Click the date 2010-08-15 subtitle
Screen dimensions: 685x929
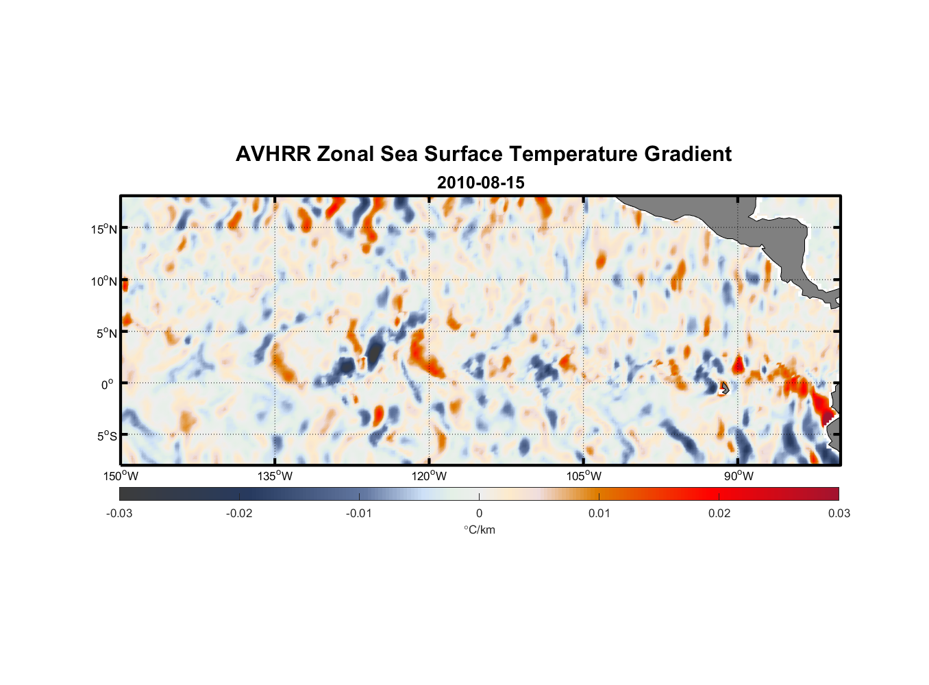[480, 183]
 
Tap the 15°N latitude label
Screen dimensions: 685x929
[104, 229]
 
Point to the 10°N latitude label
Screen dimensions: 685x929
[104, 281]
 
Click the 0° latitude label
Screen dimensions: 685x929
[108, 384]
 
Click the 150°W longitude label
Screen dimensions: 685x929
[121, 476]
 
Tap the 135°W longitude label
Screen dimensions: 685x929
[275, 476]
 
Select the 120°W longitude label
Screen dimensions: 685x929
[430, 476]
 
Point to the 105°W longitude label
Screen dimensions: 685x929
[584, 476]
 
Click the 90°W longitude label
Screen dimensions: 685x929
[738, 476]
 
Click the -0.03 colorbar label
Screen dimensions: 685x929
[119, 513]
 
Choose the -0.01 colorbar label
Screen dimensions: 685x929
[359, 513]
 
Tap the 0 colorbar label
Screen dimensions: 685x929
[479, 513]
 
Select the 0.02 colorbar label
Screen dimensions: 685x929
[719, 513]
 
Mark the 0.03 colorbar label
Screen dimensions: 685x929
[839, 513]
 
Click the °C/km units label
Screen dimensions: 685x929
[480, 530]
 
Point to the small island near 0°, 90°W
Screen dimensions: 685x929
[724, 388]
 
